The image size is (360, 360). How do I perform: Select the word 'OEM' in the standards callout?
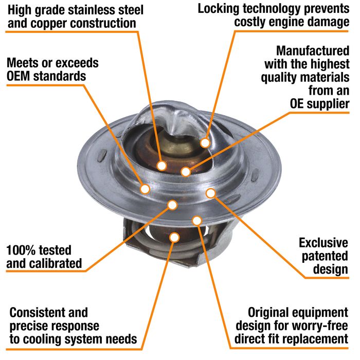pyautogui.click(x=19, y=76)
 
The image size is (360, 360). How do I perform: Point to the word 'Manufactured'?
pyautogui.click(x=313, y=51)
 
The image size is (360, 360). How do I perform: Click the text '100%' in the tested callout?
pyautogui.click(x=19, y=250)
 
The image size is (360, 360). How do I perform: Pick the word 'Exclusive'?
pyautogui.click(x=323, y=243)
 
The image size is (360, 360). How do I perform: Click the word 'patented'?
pyautogui.click(x=325, y=256)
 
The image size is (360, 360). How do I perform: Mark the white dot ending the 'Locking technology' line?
pyautogui.click(x=205, y=143)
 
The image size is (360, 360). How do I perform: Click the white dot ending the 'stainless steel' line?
pyautogui.click(x=161, y=166)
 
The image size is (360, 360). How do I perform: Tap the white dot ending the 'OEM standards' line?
pyautogui.click(x=145, y=189)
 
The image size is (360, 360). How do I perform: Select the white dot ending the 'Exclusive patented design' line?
pyautogui.click(x=210, y=193)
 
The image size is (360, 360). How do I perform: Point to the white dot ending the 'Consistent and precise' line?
pyautogui.click(x=174, y=237)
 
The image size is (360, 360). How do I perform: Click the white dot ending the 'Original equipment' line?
pyautogui.click(x=197, y=221)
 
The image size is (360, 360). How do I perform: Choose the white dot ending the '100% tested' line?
pyautogui.click(x=172, y=205)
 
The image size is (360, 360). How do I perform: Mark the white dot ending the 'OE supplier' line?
pyautogui.click(x=186, y=171)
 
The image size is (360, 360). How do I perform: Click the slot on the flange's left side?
pyautogui.click(x=102, y=155)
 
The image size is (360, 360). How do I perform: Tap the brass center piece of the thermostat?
pyautogui.click(x=178, y=145)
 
